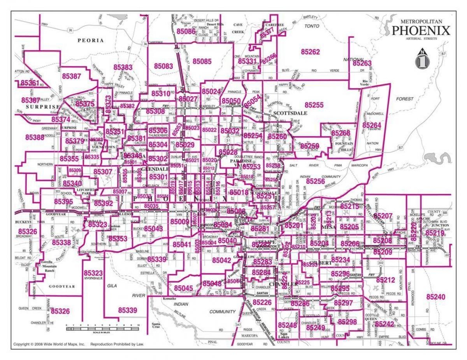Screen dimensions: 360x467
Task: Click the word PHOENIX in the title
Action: (x=421, y=30)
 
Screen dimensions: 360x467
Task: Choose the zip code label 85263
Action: (x=362, y=63)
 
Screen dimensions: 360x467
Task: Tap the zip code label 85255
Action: (x=314, y=105)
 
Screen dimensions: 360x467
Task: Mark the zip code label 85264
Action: (x=372, y=125)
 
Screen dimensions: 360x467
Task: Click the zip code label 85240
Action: (x=435, y=297)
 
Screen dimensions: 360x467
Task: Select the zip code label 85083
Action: (x=163, y=66)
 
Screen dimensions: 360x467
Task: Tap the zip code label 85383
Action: (x=123, y=67)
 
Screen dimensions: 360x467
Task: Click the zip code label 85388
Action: (x=35, y=137)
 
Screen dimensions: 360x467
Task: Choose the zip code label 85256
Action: (x=315, y=181)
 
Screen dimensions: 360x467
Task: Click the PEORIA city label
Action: (x=91, y=40)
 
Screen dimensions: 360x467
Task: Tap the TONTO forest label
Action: (x=312, y=26)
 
